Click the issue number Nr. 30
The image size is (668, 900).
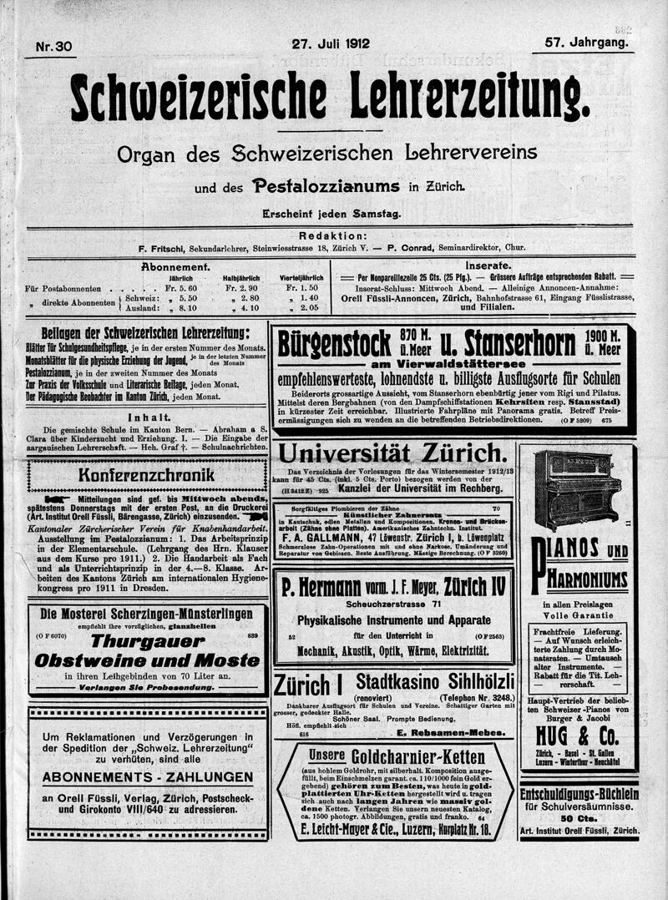54,48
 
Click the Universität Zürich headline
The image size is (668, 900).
392,455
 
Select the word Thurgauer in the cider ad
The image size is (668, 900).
147,641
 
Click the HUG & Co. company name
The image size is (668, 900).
577,735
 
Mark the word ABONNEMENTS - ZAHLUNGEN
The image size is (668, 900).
149,776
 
